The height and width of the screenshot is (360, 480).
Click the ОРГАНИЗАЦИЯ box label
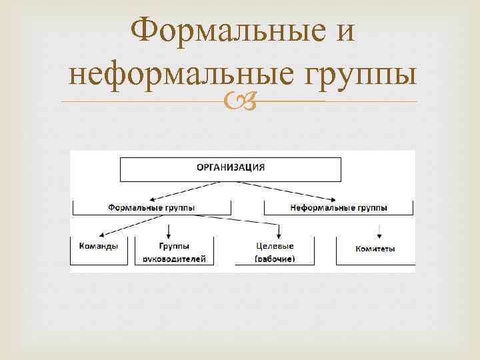(x=230, y=168)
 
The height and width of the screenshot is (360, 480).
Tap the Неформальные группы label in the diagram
(x=338, y=207)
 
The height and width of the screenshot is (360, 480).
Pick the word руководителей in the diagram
(x=173, y=259)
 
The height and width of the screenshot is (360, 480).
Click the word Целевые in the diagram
(x=274, y=246)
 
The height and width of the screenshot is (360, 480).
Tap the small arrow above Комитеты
(x=379, y=231)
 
